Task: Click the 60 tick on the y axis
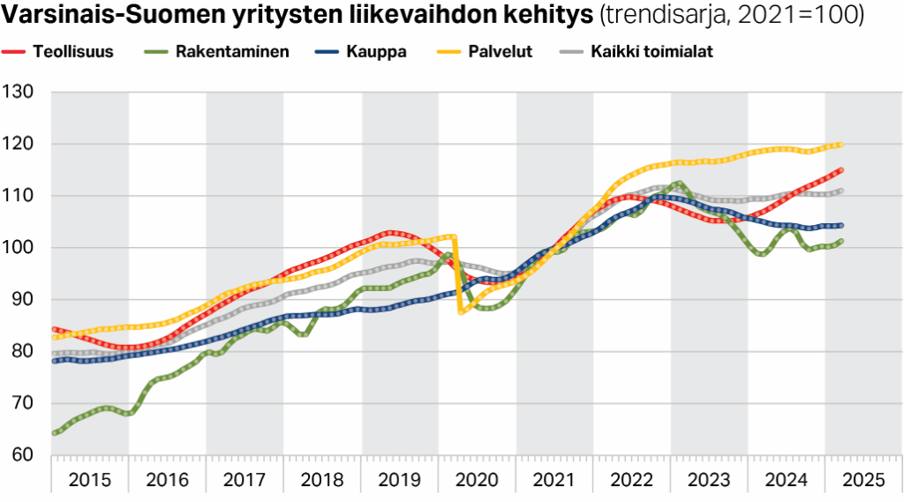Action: point(23,455)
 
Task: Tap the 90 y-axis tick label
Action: point(23,300)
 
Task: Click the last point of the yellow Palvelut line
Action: point(840,145)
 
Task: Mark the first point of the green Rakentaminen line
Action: point(55,433)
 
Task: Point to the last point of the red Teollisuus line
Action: point(840,169)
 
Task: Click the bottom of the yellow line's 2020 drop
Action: point(461,312)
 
